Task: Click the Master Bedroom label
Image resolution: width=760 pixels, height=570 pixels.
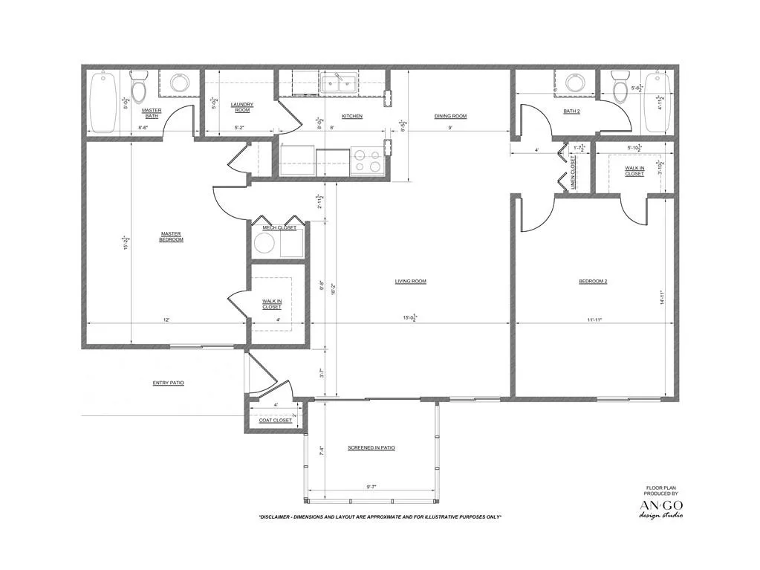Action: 171,236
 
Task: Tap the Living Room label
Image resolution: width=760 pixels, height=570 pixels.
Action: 410,281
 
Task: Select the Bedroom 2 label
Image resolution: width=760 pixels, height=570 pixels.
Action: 593,281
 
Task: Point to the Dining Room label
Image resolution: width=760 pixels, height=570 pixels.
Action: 450,116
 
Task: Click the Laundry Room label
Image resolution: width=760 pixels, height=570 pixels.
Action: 242,107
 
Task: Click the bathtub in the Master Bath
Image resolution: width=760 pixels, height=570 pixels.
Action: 103,102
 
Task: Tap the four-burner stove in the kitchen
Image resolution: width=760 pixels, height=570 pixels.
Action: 366,161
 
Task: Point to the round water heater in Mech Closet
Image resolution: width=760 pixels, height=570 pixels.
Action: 264,244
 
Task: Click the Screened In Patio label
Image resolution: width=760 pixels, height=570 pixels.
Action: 371,448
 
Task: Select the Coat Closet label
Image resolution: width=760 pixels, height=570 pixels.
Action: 275,421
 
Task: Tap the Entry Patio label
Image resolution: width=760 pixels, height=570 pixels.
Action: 168,383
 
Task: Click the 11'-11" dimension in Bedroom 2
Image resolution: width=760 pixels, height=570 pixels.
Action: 594,320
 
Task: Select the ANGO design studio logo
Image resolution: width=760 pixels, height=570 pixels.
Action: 661,509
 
